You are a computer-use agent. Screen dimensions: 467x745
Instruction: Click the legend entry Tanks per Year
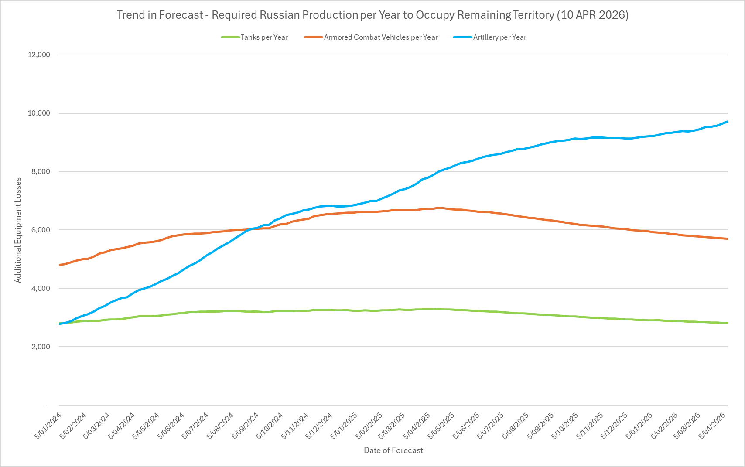pos(264,37)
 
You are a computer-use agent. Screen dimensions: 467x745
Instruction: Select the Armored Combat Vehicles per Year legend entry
pos(380,37)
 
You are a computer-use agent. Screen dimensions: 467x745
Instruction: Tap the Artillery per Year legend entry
pos(499,37)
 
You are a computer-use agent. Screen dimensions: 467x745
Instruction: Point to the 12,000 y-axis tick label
pos(39,55)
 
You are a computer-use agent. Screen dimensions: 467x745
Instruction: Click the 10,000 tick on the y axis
pos(39,113)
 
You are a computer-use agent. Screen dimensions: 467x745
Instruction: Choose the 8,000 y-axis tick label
pos(41,172)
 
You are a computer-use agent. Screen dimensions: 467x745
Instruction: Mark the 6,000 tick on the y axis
pos(41,230)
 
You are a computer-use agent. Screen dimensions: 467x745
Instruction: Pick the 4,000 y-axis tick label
pos(41,289)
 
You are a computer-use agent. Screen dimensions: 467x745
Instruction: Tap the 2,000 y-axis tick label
pos(41,347)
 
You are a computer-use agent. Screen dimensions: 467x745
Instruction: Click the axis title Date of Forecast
pos(393,450)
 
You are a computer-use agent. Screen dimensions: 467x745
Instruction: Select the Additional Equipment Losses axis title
pos(18,230)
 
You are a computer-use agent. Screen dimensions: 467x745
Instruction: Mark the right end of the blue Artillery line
pos(728,122)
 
